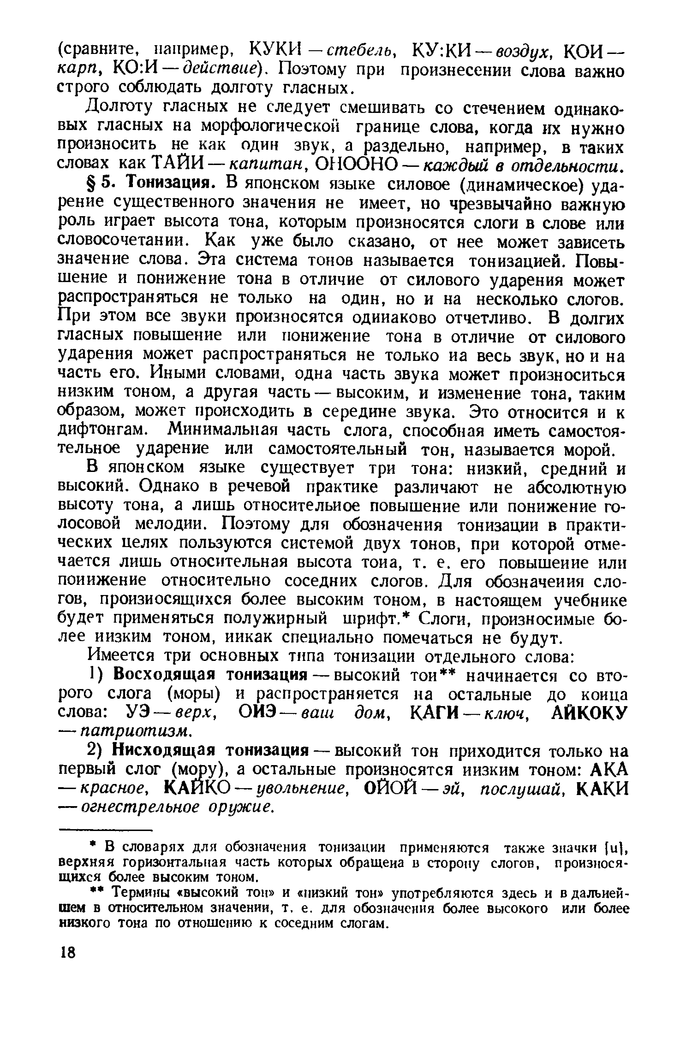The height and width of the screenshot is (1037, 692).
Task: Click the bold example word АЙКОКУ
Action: coord(589,712)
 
